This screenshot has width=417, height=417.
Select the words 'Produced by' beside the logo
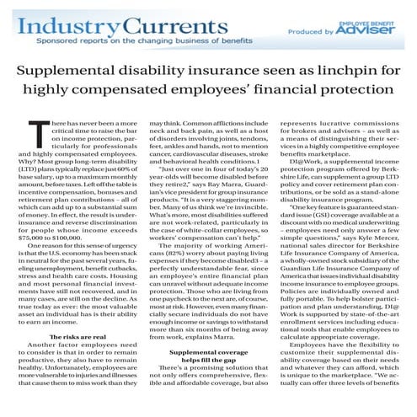(x=313, y=32)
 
